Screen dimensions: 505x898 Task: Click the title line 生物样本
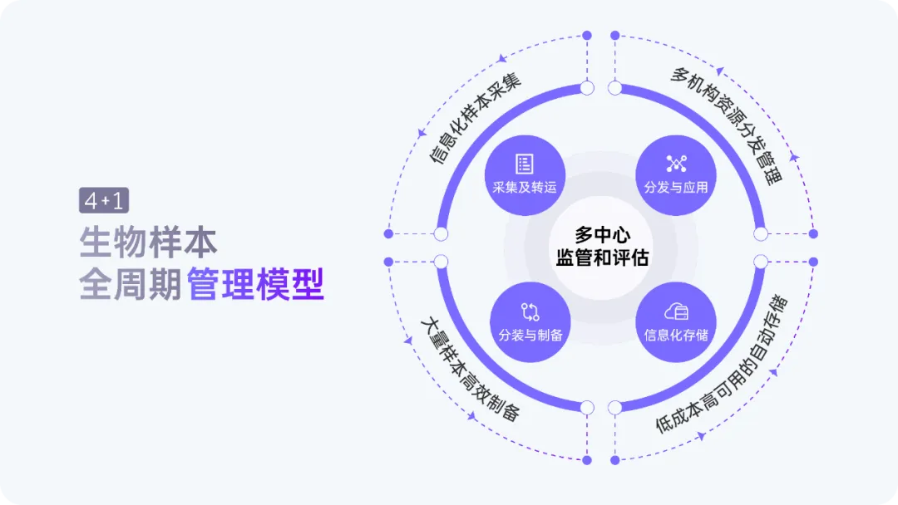point(148,242)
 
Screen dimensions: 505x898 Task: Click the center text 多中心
point(602,235)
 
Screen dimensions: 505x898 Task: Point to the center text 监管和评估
point(602,257)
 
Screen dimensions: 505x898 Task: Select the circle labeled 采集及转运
point(524,176)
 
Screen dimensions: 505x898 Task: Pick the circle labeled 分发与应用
point(675,176)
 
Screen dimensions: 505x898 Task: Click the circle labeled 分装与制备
point(530,324)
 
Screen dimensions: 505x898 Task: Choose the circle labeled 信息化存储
point(675,324)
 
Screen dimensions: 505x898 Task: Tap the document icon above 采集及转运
point(524,164)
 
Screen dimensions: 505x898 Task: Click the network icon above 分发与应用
point(675,163)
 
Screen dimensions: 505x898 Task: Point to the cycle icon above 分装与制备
point(530,311)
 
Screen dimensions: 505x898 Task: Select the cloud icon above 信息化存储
point(675,311)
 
